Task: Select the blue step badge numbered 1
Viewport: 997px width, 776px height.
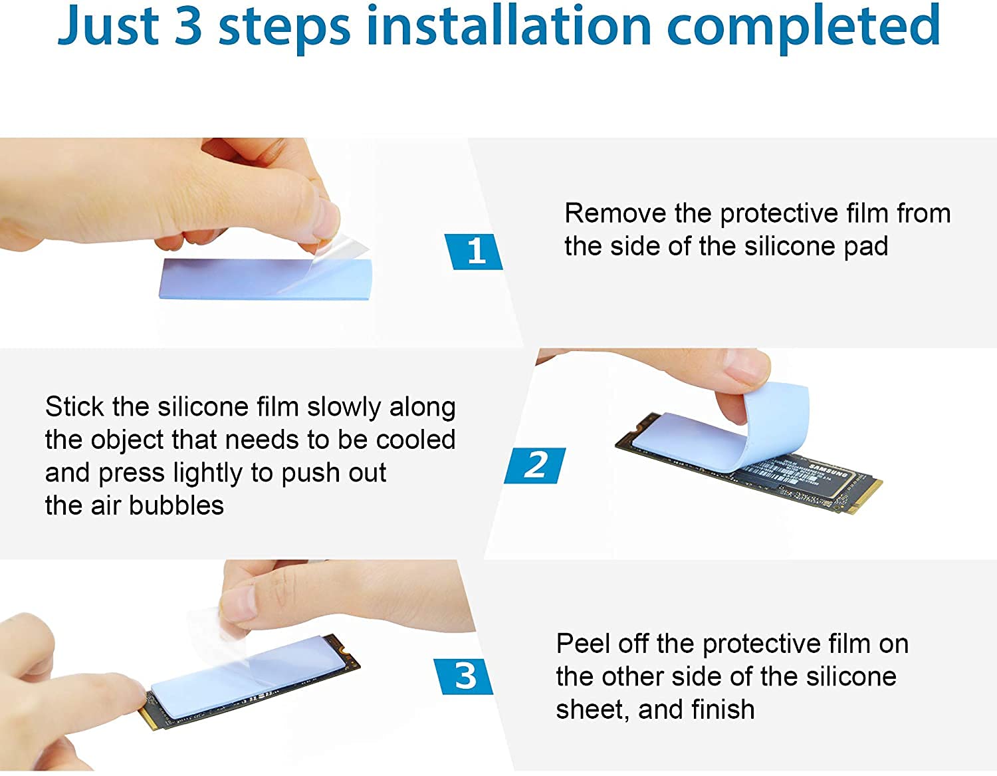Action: point(473,251)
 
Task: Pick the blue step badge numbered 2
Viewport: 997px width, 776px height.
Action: point(535,465)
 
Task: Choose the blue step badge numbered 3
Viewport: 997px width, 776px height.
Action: point(463,676)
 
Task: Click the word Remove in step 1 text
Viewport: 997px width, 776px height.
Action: point(615,213)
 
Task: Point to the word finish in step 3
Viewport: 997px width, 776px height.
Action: point(722,710)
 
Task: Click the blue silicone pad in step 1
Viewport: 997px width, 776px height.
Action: point(265,279)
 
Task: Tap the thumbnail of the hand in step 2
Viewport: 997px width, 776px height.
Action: point(746,365)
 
